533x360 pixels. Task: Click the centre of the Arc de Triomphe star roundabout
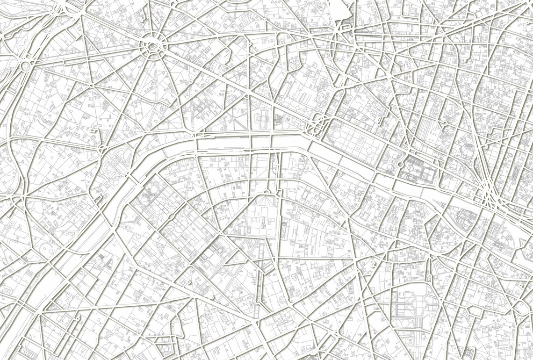(x=152, y=45)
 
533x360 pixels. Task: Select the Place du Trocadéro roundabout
(x=101, y=150)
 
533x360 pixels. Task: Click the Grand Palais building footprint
(x=263, y=119)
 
